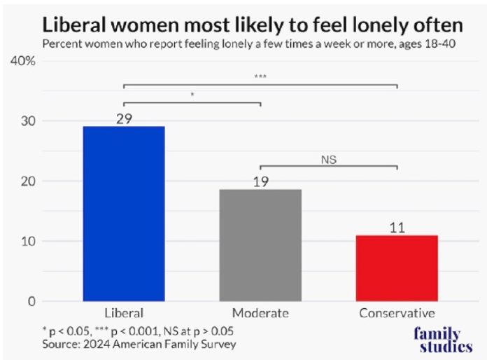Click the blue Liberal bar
pyautogui.click(x=124, y=214)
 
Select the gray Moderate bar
pyautogui.click(x=260, y=245)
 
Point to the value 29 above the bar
pyautogui.click(x=125, y=119)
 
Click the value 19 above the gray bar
pyautogui.click(x=260, y=182)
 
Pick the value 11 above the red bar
pyautogui.click(x=397, y=228)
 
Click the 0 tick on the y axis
pyautogui.click(x=30, y=301)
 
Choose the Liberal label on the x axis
pyautogui.click(x=124, y=313)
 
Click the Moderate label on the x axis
pyautogui.click(x=260, y=313)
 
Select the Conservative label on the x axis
pyautogui.click(x=397, y=313)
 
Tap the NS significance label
pyautogui.click(x=329, y=160)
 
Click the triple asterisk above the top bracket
pyautogui.click(x=260, y=77)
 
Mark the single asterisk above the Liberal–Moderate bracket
pyautogui.click(x=192, y=95)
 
